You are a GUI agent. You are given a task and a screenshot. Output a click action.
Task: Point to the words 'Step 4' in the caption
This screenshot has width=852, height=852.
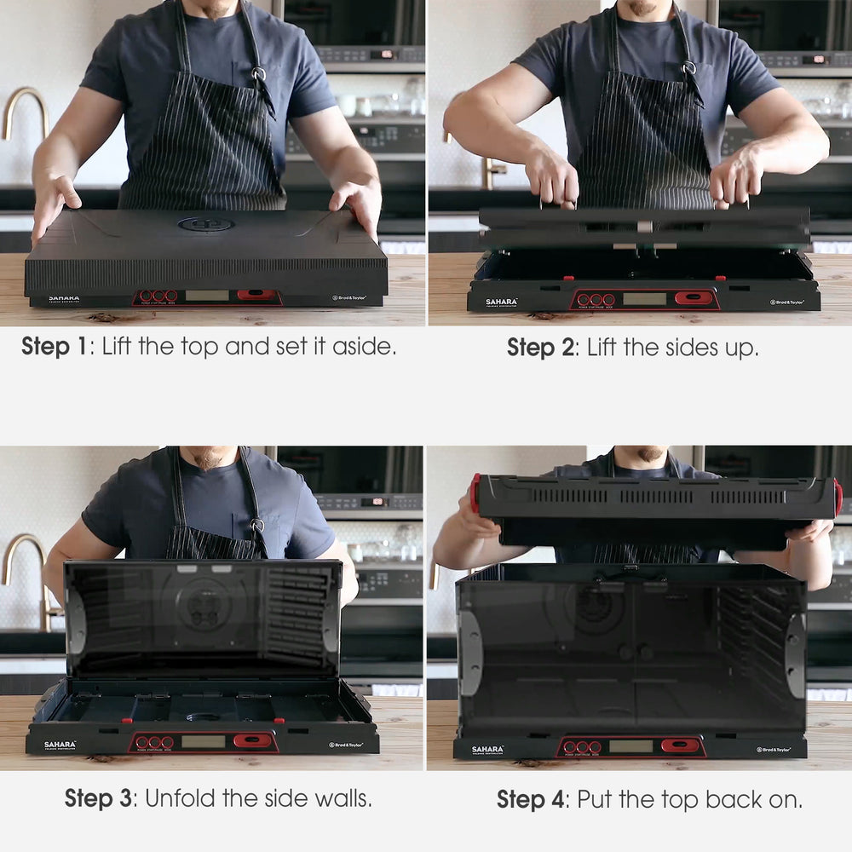point(532,799)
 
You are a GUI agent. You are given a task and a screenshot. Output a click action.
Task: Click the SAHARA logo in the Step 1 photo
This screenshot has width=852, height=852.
point(64,298)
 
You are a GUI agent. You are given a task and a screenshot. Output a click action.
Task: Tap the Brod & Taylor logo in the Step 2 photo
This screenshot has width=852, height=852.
point(787,302)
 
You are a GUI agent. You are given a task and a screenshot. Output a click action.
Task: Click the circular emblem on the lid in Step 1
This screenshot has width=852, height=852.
point(205,224)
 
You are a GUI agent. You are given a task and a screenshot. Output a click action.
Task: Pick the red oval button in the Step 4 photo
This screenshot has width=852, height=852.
point(679,745)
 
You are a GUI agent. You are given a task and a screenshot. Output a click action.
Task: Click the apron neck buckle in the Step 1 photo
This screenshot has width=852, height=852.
point(258,74)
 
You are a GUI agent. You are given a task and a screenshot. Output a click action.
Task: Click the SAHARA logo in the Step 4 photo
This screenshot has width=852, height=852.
point(488,750)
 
